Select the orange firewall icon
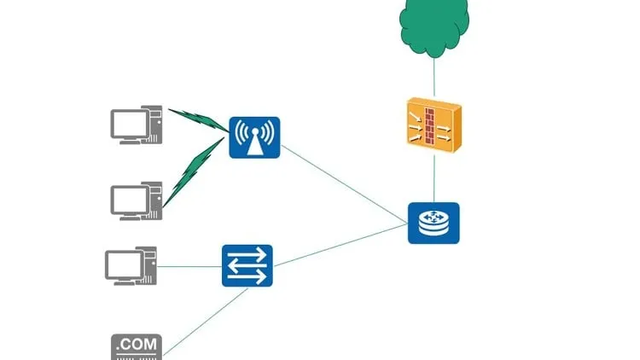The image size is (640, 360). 433,125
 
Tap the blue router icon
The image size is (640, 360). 433,223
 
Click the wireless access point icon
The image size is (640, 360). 254,137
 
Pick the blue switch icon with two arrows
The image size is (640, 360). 247,266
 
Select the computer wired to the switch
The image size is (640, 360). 131,266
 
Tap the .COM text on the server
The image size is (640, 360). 137,345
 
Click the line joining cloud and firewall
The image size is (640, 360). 433,78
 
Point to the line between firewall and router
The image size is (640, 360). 433,177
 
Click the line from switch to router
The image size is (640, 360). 341,245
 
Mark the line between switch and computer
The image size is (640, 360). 189,266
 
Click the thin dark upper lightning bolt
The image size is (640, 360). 198,119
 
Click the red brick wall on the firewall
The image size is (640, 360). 431,126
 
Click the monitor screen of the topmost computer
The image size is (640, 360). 129,123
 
